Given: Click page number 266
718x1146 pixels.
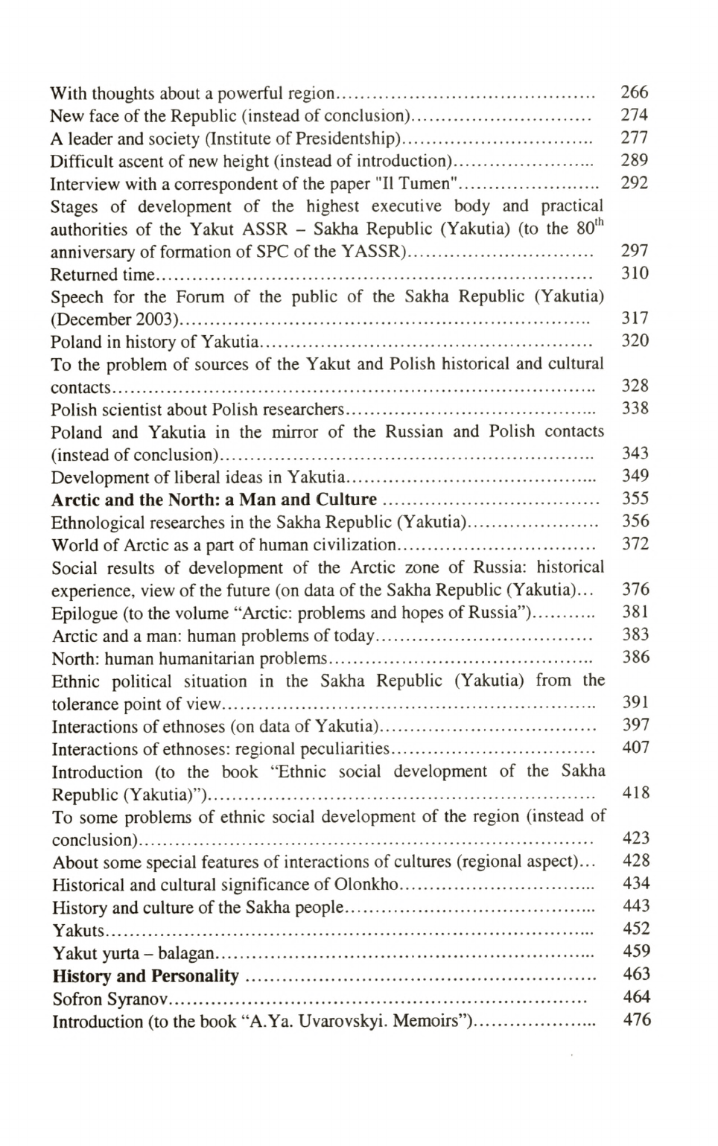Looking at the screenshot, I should (x=634, y=92).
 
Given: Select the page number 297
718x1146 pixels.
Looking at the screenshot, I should (x=634, y=251).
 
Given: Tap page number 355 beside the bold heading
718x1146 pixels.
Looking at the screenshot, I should (x=635, y=498).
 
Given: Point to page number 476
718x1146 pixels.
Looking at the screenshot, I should (x=636, y=1019).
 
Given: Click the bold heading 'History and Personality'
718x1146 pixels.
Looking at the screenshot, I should (x=145, y=975).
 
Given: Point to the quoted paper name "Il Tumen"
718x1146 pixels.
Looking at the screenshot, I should (x=417, y=183).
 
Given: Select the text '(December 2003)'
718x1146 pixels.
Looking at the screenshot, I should (x=115, y=319).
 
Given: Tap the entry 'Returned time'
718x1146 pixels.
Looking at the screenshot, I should (x=103, y=274).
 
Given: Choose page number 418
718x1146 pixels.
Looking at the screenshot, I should (x=635, y=793).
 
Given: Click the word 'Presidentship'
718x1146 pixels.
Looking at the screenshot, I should (x=345, y=139).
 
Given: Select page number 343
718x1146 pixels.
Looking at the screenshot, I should (x=635, y=453).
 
